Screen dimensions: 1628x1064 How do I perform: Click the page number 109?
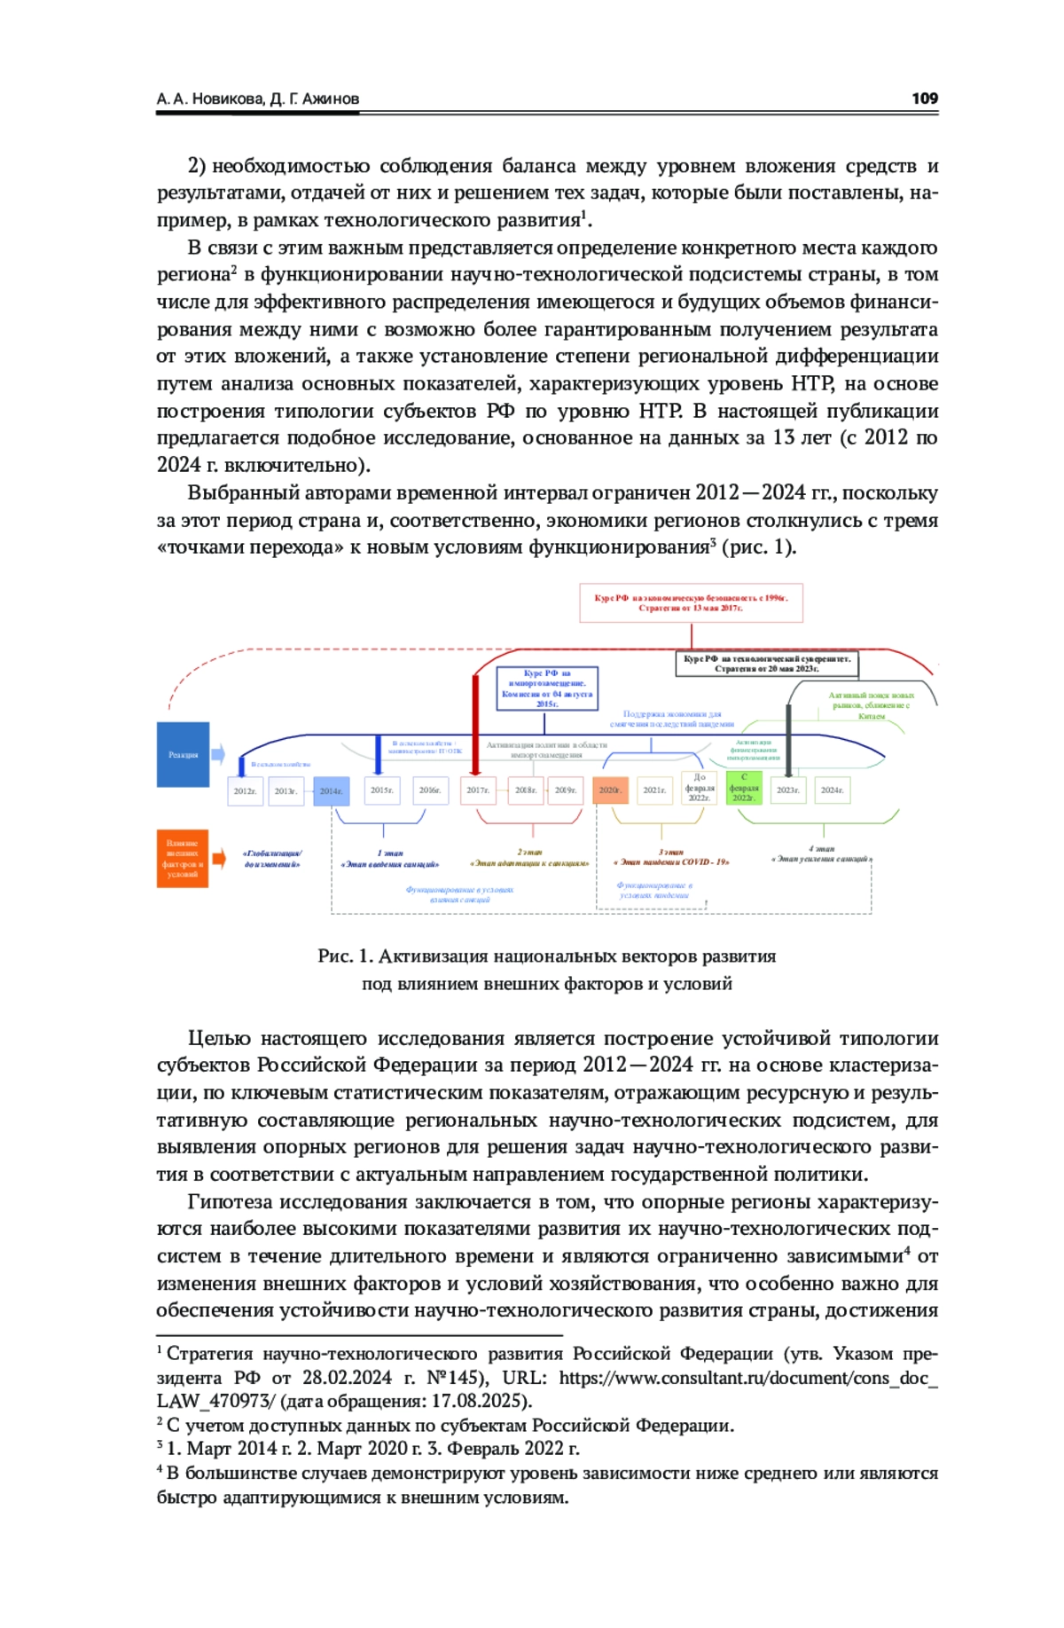(924, 98)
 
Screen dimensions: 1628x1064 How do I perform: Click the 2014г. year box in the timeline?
(331, 790)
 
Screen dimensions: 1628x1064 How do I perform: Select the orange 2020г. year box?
(610, 790)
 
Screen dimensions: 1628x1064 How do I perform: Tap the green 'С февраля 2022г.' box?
(744, 788)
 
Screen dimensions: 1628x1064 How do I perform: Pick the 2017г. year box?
(478, 790)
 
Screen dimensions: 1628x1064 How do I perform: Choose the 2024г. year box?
(832, 790)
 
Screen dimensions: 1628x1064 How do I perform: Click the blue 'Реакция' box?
(184, 754)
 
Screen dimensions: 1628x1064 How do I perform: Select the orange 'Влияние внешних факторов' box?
(183, 858)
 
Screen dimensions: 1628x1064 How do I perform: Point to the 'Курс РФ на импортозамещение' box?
(547, 688)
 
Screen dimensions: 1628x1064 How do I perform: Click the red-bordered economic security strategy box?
(691, 603)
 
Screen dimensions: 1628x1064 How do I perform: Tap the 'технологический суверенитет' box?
(766, 664)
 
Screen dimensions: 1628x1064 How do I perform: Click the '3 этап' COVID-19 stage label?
(671, 857)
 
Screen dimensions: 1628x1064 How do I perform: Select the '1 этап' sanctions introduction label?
(390, 858)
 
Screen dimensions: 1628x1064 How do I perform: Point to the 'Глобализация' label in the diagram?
(272, 858)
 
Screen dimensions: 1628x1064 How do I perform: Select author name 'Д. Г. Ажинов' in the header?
(315, 98)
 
